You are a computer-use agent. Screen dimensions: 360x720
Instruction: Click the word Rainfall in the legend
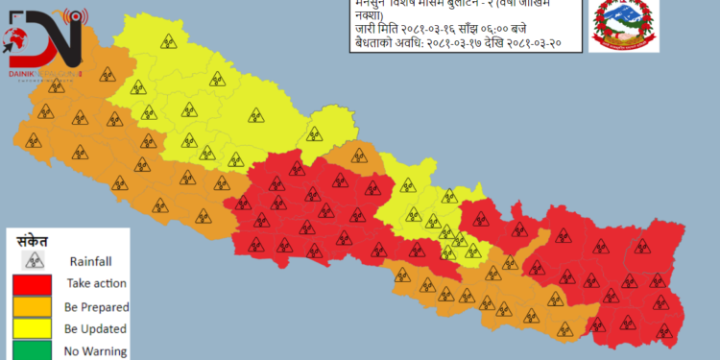(x=92, y=260)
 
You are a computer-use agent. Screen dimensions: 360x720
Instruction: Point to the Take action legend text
(x=96, y=283)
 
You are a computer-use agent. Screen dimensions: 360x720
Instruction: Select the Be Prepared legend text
(x=96, y=306)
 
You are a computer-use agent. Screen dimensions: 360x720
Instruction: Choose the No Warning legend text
(x=96, y=351)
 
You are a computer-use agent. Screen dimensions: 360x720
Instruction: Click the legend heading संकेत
(x=34, y=240)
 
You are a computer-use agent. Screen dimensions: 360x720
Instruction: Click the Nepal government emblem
(x=623, y=26)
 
